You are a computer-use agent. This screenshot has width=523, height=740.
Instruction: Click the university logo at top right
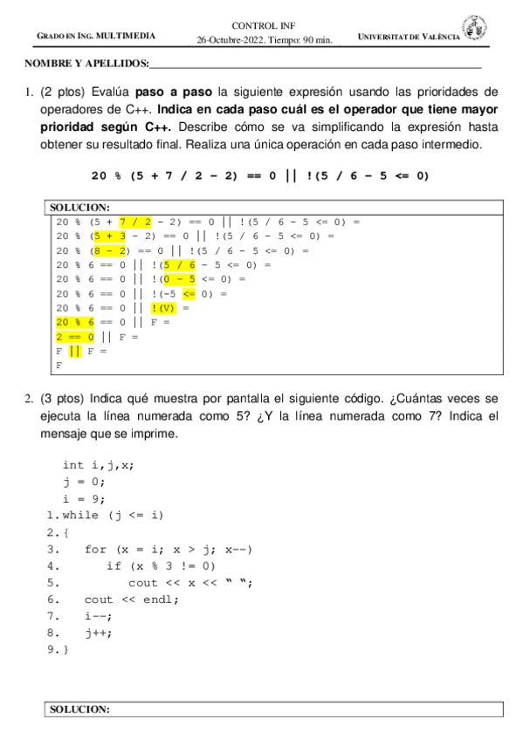click(476, 28)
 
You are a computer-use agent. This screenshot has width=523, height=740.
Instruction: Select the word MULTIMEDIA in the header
click(126, 36)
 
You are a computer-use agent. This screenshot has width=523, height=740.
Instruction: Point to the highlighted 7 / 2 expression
click(135, 222)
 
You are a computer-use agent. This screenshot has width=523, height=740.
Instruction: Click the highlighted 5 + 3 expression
click(111, 236)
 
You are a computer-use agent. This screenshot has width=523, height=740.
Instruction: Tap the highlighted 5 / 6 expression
click(179, 264)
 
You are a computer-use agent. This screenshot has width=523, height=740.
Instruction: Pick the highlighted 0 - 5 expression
click(179, 278)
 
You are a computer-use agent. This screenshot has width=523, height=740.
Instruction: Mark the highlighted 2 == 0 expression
click(74, 336)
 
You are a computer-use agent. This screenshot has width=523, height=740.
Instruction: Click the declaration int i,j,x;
click(99, 465)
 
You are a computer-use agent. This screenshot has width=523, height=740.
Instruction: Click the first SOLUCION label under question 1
click(79, 208)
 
